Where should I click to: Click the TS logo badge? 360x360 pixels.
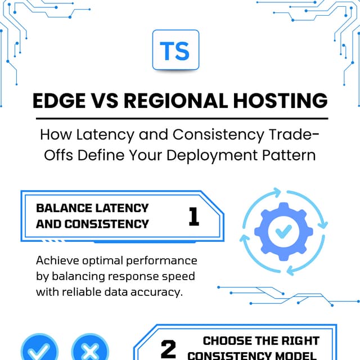click(x=175, y=50)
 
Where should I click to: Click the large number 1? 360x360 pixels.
click(x=193, y=216)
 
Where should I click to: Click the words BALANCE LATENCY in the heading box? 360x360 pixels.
click(x=92, y=208)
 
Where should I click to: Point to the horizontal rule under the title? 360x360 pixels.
click(x=181, y=119)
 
